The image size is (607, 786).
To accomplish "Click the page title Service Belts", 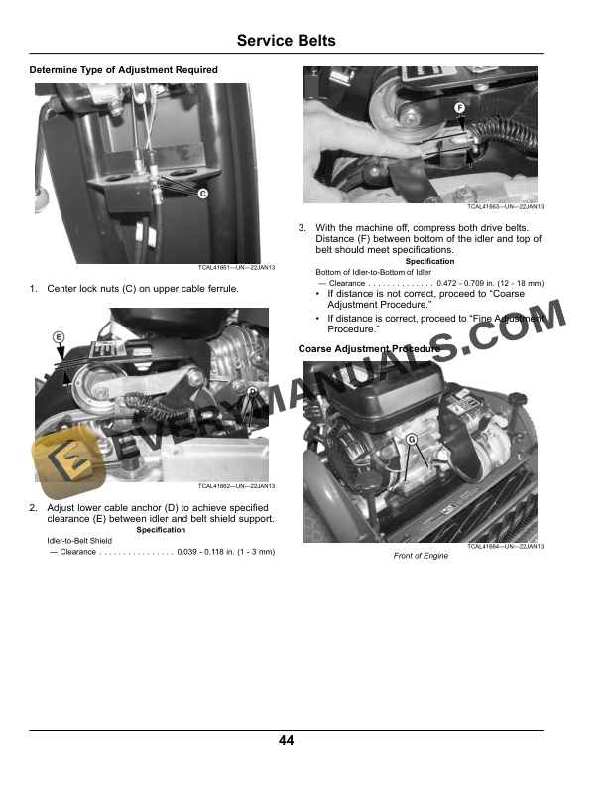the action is [x=286, y=40].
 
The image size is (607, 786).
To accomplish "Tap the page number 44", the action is [x=286, y=740].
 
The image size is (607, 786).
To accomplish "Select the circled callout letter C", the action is [x=203, y=194].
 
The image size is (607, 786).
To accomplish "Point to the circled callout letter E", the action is [x=59, y=337].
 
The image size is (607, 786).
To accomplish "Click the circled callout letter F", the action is [x=459, y=108].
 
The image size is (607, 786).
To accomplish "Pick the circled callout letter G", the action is [x=412, y=439].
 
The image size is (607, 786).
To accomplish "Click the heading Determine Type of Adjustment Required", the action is [x=123, y=70].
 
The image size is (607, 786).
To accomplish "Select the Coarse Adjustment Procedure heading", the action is [x=369, y=349].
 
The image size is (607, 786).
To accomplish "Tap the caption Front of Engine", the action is [x=421, y=556].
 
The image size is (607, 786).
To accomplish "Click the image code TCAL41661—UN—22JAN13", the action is [x=236, y=268].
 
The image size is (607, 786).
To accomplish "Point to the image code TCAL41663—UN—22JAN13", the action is [x=505, y=206].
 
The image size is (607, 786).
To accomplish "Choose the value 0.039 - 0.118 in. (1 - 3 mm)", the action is [x=226, y=552].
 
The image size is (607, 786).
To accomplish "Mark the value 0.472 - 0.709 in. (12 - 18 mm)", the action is [x=490, y=283].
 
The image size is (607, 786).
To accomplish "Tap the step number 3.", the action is [x=302, y=228].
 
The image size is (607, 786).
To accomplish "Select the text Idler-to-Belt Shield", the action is [x=79, y=540].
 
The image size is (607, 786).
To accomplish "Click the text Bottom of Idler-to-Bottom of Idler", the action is [x=373, y=272].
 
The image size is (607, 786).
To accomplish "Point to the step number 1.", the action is [x=33, y=288].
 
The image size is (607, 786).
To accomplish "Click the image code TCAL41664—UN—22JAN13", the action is [x=505, y=546].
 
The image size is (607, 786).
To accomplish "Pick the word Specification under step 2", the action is [x=161, y=529].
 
